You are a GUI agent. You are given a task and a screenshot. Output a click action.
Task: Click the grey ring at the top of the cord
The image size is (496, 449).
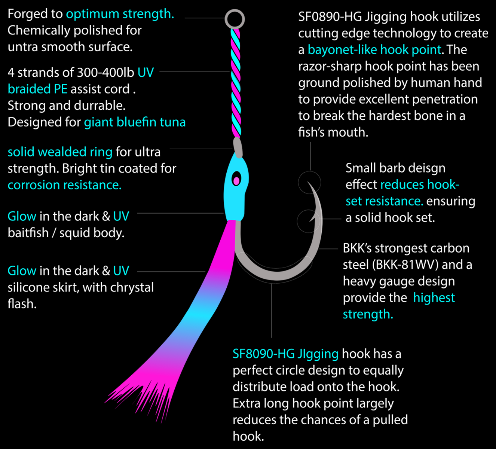point(235,10)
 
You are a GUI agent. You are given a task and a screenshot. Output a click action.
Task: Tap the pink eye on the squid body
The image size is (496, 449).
point(236,181)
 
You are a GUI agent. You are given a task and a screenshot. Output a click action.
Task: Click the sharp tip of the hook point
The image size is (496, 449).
point(307,182)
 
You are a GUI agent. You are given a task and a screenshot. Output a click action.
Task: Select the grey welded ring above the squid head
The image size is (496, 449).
point(238,147)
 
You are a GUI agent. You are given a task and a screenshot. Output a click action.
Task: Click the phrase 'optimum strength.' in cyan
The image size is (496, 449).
point(120,14)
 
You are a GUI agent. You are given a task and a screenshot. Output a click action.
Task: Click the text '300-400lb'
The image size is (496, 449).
point(105,73)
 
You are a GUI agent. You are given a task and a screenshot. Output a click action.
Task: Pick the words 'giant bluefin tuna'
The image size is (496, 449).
point(135,122)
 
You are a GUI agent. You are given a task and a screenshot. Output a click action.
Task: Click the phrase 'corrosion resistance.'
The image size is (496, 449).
point(65,185)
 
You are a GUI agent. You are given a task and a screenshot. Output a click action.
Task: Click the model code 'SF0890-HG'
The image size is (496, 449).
point(330,17)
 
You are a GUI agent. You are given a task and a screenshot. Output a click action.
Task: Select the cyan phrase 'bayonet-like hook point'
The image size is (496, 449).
point(374,50)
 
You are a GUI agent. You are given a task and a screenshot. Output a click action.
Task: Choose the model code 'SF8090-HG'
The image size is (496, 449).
point(264,354)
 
